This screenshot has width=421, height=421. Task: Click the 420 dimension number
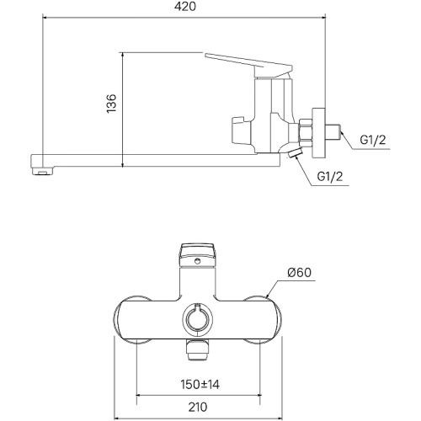point(185,7)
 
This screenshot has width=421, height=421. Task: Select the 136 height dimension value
point(111,104)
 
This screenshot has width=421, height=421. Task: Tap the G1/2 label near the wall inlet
point(373,140)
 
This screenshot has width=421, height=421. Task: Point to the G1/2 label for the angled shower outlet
point(330,177)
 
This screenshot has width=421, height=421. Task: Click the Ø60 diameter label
point(300,272)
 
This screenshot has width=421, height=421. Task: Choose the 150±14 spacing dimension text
point(200,385)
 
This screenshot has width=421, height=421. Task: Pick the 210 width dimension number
point(198,407)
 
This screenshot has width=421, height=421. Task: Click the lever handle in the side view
point(248,65)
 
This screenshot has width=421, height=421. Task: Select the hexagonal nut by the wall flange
point(306,132)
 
